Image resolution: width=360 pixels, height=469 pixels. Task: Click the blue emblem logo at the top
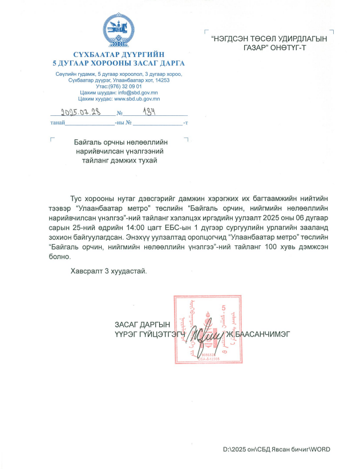click(x=118, y=28)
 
